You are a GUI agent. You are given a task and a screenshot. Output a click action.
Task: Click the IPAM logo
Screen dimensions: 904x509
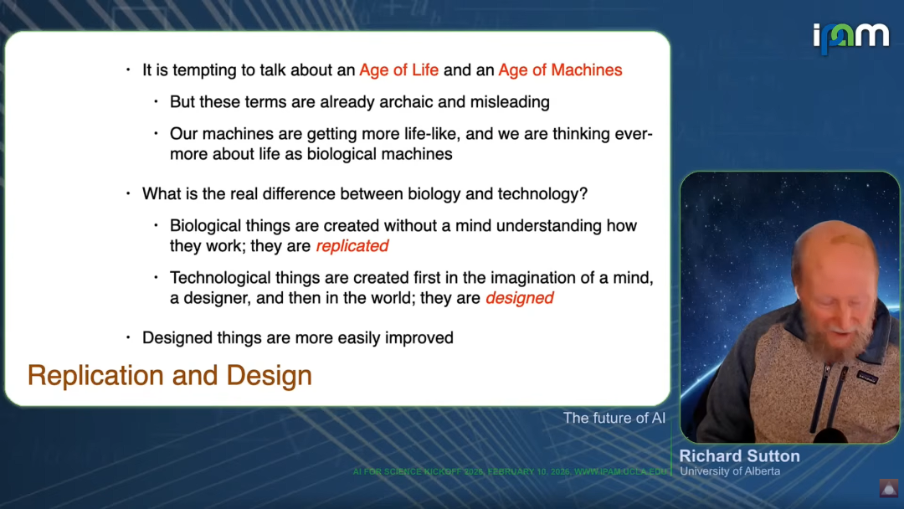pyautogui.click(x=851, y=38)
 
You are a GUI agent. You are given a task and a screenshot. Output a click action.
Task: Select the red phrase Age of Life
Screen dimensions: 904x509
pyautogui.click(x=399, y=69)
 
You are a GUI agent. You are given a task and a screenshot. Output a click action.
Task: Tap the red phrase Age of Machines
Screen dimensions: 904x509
pyautogui.click(x=560, y=69)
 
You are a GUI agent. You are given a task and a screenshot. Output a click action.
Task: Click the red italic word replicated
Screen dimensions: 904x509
pyautogui.click(x=352, y=246)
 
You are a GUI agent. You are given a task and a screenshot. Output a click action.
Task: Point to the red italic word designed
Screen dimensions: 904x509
pyautogui.click(x=520, y=298)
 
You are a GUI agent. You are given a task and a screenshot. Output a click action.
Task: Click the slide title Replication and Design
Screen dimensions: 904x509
pyautogui.click(x=169, y=375)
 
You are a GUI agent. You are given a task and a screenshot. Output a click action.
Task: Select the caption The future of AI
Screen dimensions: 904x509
pyautogui.click(x=614, y=418)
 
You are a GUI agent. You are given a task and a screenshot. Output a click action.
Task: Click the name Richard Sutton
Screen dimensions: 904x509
pyautogui.click(x=740, y=456)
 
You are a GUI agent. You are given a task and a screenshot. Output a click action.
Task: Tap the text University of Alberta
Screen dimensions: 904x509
pyautogui.click(x=730, y=471)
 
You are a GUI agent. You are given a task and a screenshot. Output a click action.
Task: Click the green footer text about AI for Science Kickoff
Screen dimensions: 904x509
pyautogui.click(x=510, y=471)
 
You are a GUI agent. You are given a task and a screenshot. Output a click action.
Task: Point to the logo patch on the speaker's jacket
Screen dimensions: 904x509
pyautogui.click(x=867, y=377)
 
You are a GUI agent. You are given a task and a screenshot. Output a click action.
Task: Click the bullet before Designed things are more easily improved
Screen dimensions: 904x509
pyautogui.click(x=128, y=337)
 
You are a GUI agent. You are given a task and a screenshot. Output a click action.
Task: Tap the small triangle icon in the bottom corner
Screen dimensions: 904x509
pyautogui.click(x=888, y=488)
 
